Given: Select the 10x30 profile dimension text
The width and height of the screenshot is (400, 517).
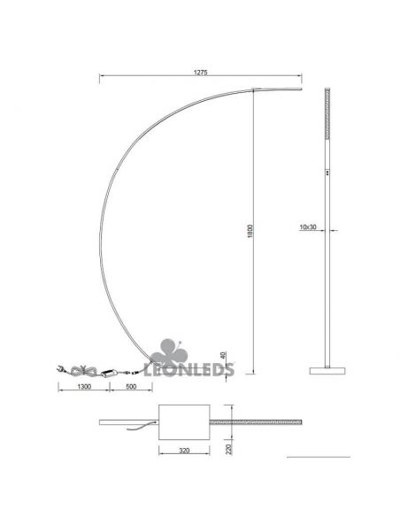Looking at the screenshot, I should pyautogui.click(x=308, y=228).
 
